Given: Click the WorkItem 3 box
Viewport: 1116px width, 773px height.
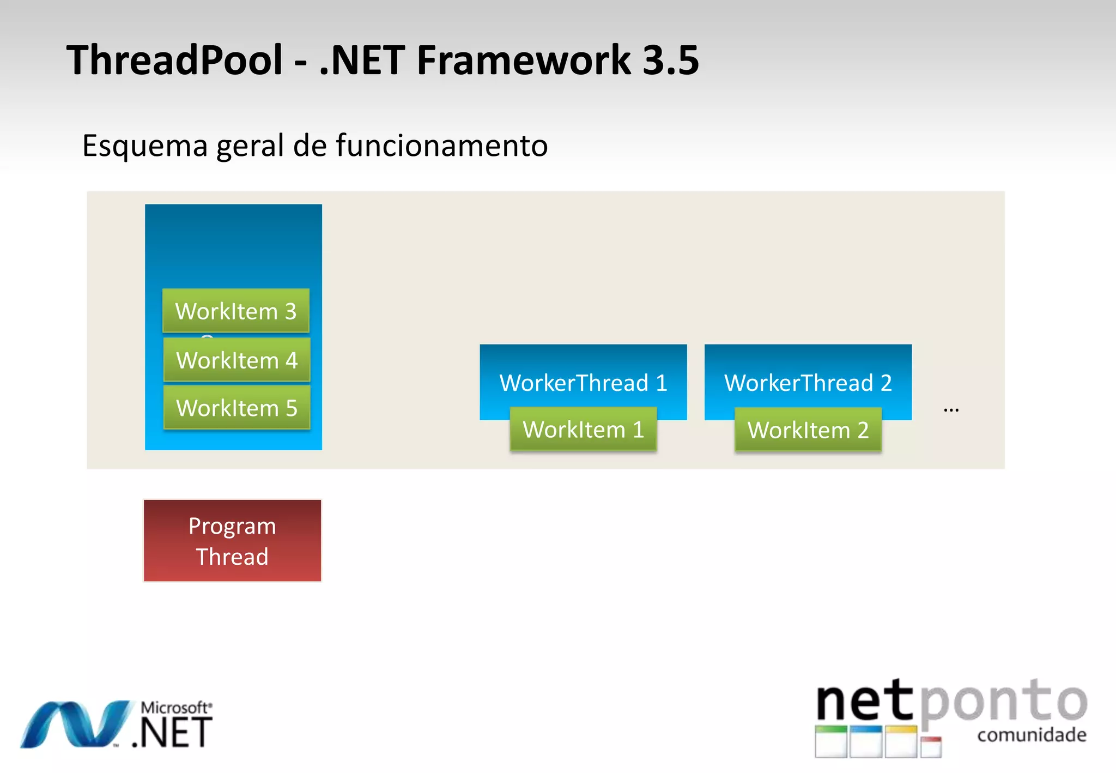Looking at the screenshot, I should pos(235,311).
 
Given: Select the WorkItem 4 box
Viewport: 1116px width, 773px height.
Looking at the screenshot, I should pos(236,360).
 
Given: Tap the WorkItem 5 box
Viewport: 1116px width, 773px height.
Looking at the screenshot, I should pos(236,408).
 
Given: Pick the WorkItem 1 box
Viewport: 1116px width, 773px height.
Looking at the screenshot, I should pos(583,430).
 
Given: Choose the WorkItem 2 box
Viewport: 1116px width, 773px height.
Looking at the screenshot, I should pos(808,430).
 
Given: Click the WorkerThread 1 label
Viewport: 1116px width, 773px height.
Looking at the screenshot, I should pos(583,383).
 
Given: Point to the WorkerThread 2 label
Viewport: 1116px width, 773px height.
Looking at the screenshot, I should pos(808,383).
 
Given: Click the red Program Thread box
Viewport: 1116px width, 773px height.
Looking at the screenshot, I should pos(232,541).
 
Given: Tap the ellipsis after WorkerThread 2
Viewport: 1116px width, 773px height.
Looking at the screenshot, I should pos(951,409).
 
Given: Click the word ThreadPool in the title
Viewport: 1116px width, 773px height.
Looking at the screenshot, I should pos(174,60).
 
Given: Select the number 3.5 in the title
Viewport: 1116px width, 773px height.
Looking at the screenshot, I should pos(670,60).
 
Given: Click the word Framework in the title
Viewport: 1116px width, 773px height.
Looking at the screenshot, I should pos(523,60).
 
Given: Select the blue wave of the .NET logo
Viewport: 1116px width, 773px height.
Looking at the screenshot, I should pos(76,724).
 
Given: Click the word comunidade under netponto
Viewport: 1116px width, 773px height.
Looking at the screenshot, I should pos(1032,735).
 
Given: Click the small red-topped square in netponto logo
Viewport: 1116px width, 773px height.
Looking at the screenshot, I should pos(931,747).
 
